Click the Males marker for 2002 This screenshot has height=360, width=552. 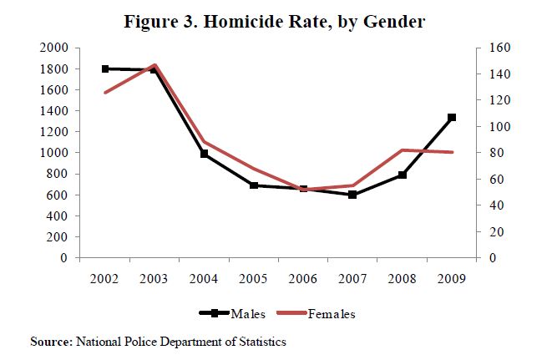tap(105, 68)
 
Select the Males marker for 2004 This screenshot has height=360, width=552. tap(204, 154)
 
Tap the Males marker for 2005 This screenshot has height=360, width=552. tap(254, 185)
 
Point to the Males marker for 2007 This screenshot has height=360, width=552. tap(352, 195)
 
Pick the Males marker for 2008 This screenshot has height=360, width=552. tap(402, 175)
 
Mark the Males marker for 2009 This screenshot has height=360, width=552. tap(451, 118)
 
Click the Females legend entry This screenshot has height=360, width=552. tap(332, 314)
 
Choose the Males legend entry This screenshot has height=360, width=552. tap(249, 314)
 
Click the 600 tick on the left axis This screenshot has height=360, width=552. tap(58, 195)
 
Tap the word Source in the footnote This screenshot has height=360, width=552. tap(50, 341)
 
